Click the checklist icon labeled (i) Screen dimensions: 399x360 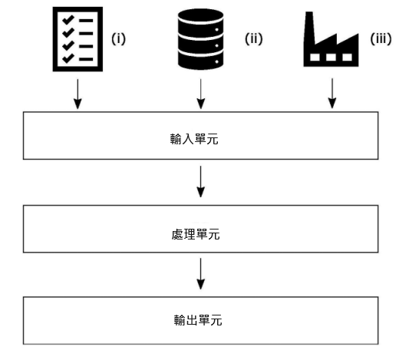click(x=77, y=39)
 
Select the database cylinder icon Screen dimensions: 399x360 click(x=200, y=39)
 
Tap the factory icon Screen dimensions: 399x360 click(x=331, y=39)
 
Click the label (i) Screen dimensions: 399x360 click(x=118, y=39)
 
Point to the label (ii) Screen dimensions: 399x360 click(x=254, y=39)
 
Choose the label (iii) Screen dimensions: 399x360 click(x=381, y=39)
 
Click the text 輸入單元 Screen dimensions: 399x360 click(x=194, y=139)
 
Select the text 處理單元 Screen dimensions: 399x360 click(x=196, y=234)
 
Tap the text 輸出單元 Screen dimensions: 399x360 click(x=198, y=320)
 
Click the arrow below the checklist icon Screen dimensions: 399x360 click(x=77, y=94)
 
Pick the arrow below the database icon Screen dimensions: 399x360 click(x=201, y=94)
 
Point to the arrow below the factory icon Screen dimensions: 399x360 click(x=332, y=94)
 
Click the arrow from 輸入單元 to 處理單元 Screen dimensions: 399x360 click(x=200, y=182)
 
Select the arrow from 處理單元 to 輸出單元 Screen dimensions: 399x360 click(x=200, y=274)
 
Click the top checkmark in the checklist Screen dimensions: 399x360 click(x=68, y=20)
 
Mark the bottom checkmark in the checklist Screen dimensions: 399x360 click(x=68, y=58)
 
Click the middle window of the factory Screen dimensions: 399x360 click(x=331, y=57)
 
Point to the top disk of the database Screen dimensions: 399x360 click(x=200, y=16)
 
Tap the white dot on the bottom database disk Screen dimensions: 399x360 click(x=217, y=61)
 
